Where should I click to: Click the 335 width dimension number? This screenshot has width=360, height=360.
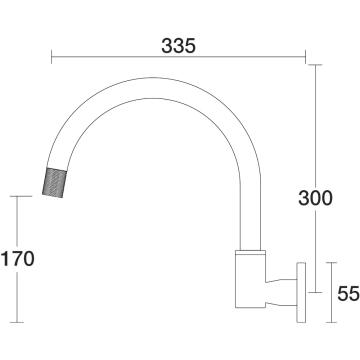click(x=178, y=46)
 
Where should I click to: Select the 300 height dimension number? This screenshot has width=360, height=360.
click(x=315, y=198)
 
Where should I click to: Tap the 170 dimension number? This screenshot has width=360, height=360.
click(x=18, y=259)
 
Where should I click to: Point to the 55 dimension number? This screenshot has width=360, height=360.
click(x=348, y=294)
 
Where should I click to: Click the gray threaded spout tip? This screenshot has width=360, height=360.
click(x=55, y=182)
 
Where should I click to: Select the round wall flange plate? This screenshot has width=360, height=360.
click(x=301, y=292)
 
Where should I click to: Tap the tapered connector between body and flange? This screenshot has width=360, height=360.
click(x=281, y=293)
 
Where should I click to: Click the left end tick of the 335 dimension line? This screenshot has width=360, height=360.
click(x=52, y=57)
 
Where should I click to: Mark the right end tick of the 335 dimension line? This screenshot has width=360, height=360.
click(x=305, y=57)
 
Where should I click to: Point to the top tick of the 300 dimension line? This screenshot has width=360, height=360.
click(x=315, y=65)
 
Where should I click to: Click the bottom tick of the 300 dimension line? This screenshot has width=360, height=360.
click(x=315, y=292)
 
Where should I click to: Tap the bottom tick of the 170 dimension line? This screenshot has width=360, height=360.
click(x=17, y=322)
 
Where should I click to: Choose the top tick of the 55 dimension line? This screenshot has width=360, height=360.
click(x=331, y=263)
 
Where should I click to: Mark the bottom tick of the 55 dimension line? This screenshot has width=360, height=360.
click(x=331, y=322)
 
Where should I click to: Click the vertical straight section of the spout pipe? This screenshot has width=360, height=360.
click(x=250, y=213)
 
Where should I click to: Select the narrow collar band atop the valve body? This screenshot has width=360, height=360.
click(x=250, y=252)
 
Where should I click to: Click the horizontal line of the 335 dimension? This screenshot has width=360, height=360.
click(x=178, y=57)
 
